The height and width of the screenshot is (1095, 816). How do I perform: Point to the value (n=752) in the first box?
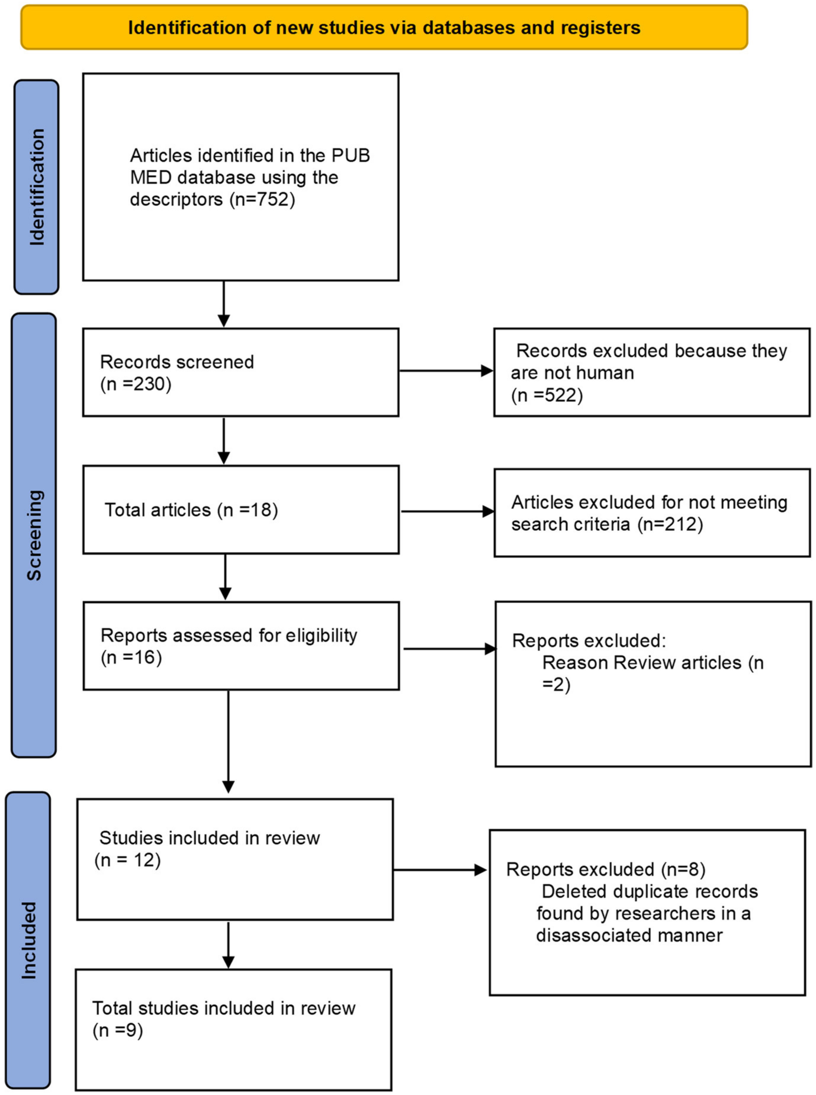pyautogui.click(x=262, y=200)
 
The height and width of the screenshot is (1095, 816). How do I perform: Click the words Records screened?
pyautogui.click(x=177, y=362)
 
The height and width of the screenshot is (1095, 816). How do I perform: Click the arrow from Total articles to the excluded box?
pyautogui.click(x=447, y=511)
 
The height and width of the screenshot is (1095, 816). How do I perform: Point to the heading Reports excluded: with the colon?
pyautogui.click(x=589, y=640)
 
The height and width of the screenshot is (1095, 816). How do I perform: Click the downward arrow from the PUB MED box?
pyautogui.click(x=224, y=304)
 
